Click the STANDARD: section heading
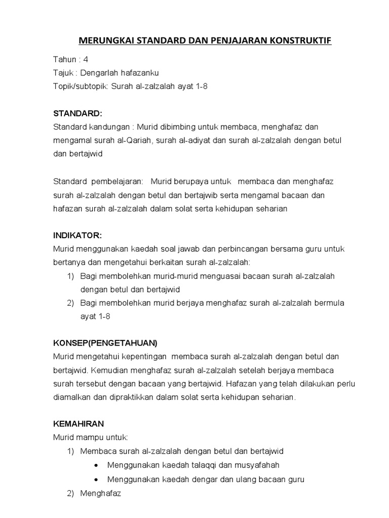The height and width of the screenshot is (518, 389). tap(77, 113)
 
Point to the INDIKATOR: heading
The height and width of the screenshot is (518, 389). tap(77, 235)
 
